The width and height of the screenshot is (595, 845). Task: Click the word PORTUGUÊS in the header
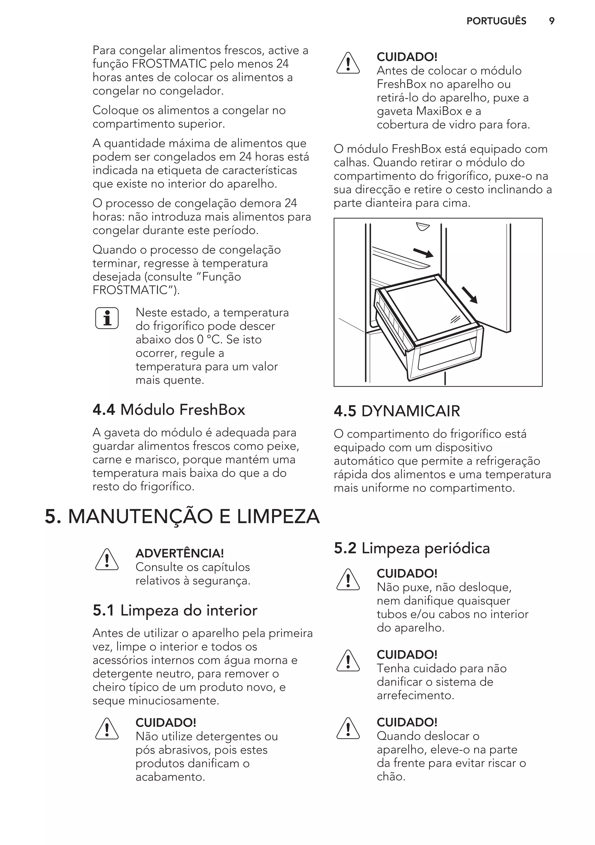tap(496, 21)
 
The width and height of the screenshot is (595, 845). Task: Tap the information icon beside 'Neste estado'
tap(107, 318)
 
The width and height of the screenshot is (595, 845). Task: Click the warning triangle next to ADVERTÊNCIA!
tap(107, 560)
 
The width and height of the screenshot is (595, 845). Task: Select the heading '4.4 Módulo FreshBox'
tap(169, 410)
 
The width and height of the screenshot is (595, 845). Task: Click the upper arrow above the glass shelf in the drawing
tap(423, 253)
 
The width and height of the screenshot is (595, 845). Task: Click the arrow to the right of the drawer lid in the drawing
tap(469, 295)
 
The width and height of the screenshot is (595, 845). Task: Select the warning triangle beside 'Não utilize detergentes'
tap(107, 729)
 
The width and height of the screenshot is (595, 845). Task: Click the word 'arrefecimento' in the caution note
tap(415, 695)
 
